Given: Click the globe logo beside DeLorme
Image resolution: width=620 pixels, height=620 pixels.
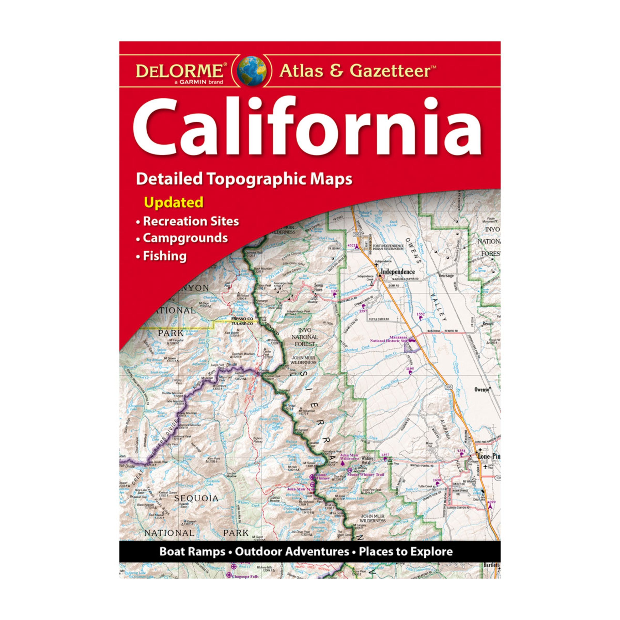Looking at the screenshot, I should (251, 71).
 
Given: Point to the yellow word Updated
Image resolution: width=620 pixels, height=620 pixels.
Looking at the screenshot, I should (174, 202).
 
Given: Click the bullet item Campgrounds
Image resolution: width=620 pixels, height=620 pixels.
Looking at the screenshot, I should (185, 238).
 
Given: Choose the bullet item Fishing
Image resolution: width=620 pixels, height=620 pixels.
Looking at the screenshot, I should (165, 256).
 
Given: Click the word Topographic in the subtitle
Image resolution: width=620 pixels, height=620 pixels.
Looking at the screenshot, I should (249, 179).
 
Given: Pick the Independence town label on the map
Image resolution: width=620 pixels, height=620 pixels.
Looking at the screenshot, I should (398, 272).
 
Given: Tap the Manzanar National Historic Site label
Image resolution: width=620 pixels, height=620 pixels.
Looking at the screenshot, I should (389, 339).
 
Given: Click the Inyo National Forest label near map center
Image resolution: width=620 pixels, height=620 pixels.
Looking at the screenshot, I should (305, 337).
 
